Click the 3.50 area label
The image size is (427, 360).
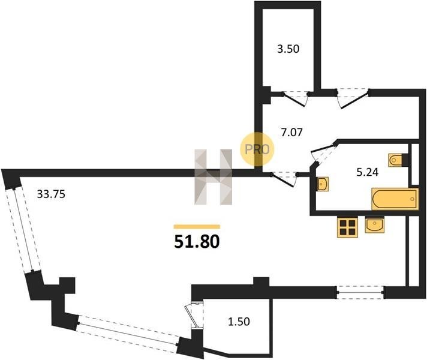click(x=288, y=49)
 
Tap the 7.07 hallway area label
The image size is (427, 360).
click(x=291, y=133)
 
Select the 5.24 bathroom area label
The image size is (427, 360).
click(x=368, y=172)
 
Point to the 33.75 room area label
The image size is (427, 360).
click(x=51, y=194)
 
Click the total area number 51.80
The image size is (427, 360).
click(x=197, y=242)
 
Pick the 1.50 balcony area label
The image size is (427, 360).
click(x=239, y=322)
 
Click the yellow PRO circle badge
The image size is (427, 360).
click(x=257, y=149)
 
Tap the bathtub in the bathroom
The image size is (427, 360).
click(x=395, y=199)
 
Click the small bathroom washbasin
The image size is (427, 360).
click(x=323, y=184)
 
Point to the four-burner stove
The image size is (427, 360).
click(x=347, y=227)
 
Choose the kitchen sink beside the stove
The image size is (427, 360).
click(x=375, y=225)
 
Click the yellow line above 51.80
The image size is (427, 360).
click(x=197, y=226)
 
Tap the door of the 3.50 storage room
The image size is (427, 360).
click(x=295, y=98)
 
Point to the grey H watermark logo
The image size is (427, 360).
click(x=213, y=177)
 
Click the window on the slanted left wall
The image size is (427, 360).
click(x=23, y=230)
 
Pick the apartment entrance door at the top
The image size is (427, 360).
click(x=353, y=98)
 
